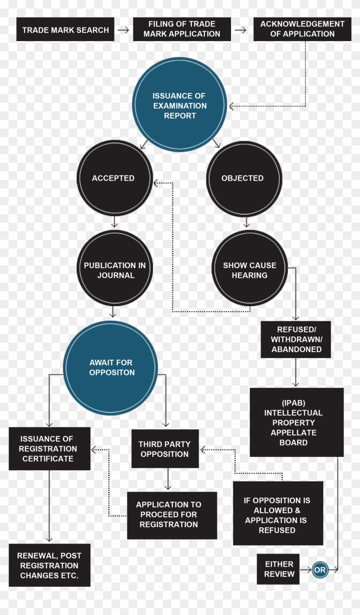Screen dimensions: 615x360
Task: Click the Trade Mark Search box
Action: pos(65,30)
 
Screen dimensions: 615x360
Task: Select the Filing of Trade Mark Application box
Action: pos(182,29)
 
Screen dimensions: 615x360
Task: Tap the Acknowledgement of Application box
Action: pos(302,29)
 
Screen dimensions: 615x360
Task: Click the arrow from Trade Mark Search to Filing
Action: pos(123,30)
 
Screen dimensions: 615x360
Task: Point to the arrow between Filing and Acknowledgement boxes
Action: pos(240,30)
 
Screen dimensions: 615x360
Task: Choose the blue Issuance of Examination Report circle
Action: pos(180,105)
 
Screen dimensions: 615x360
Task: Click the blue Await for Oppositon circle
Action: pos(111,367)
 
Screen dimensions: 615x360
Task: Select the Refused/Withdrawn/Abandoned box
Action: pos(296,339)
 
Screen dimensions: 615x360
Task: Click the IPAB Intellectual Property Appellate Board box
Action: pos(296,422)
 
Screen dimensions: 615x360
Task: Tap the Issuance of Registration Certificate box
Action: pos(49,448)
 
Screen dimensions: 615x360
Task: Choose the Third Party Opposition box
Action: pos(165,449)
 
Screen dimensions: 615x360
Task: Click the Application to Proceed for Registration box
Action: pos(172,515)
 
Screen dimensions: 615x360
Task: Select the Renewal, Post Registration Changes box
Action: pos(49,565)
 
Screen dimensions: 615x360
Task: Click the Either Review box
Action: pos(278,569)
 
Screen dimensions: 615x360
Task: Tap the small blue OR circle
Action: pos(320,570)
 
